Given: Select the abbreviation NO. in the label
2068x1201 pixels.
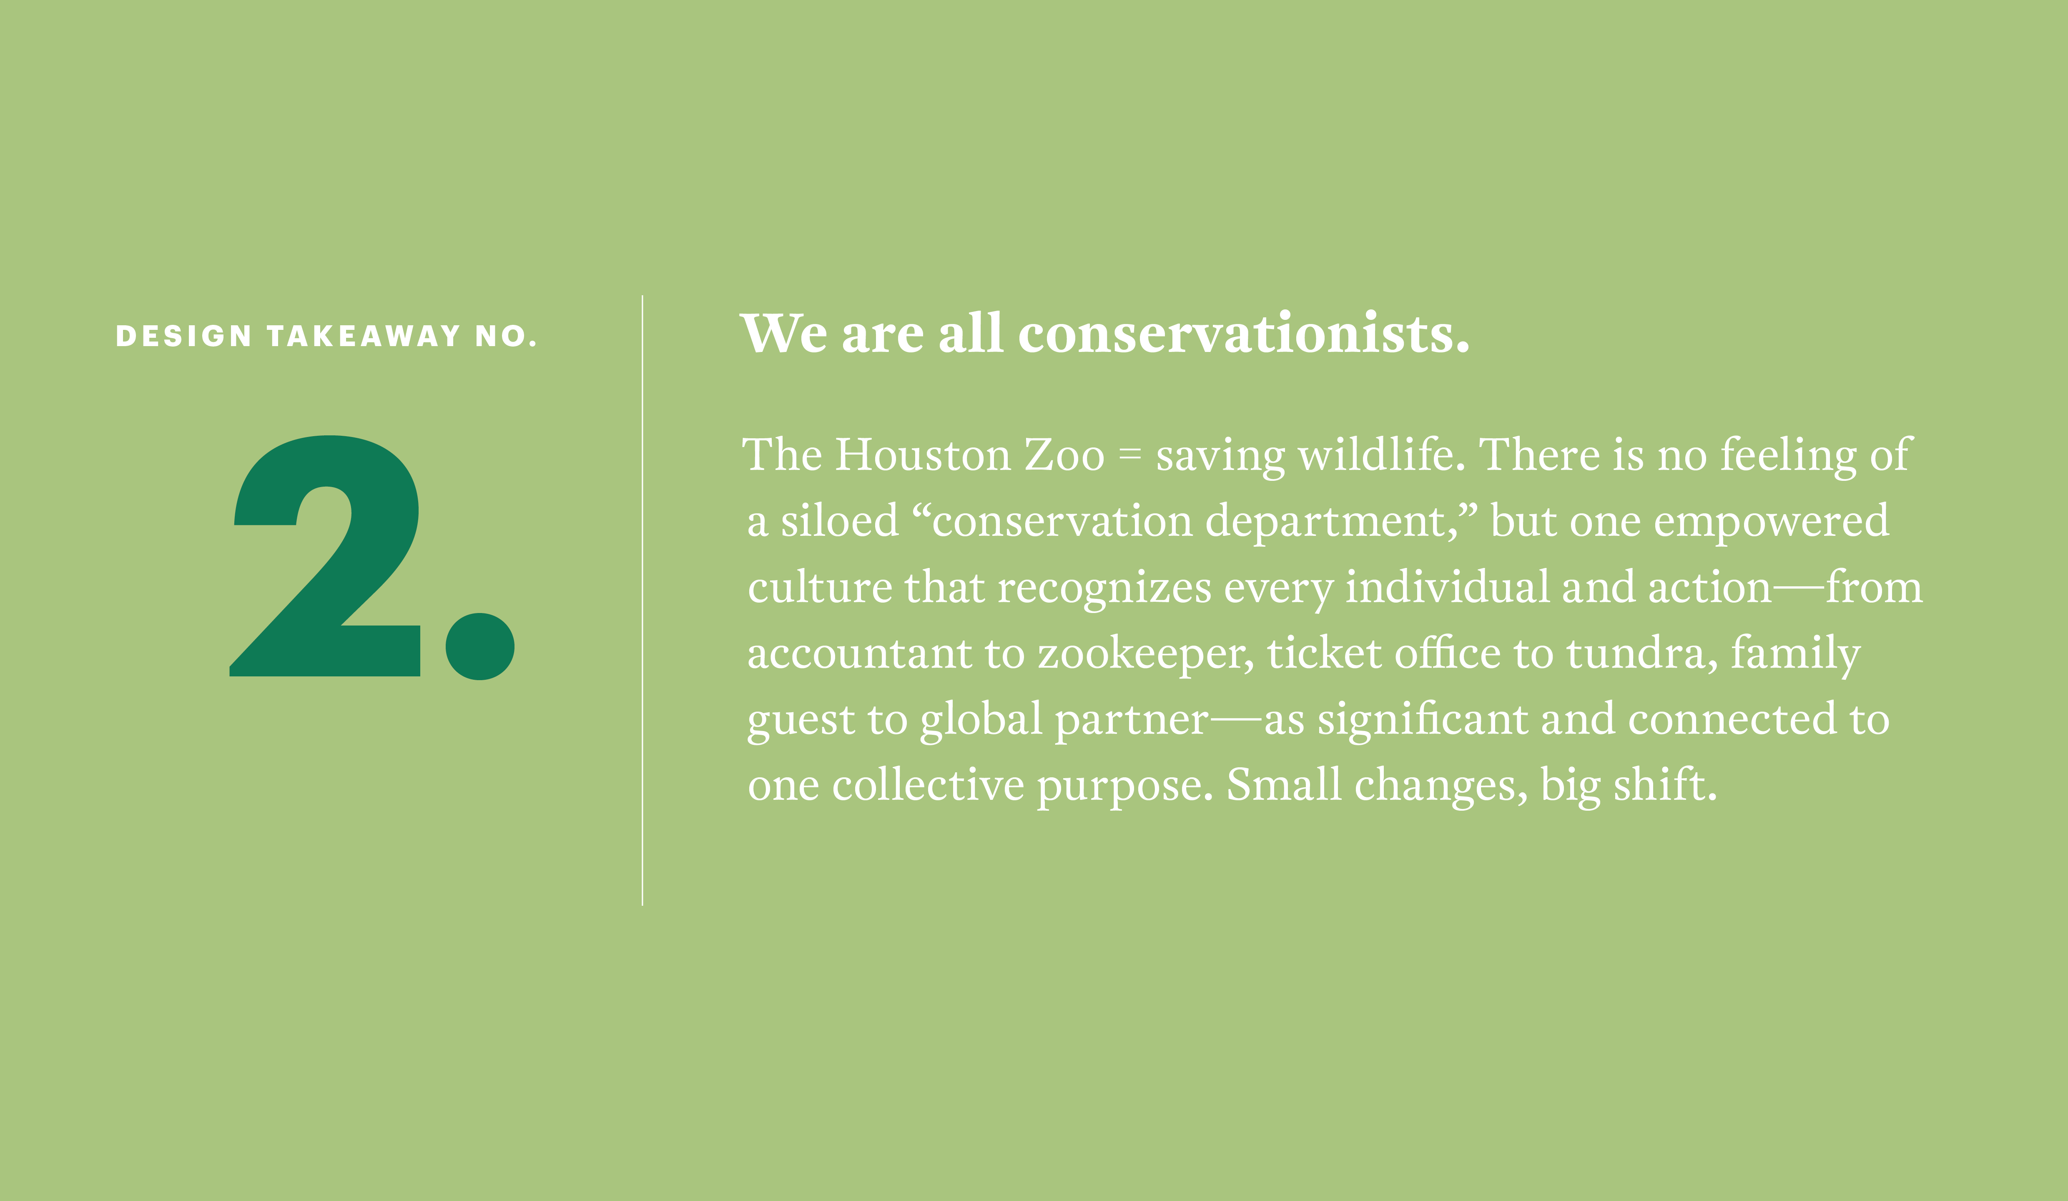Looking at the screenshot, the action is pos(505,336).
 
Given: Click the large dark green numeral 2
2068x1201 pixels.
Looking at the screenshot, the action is pos(325,556).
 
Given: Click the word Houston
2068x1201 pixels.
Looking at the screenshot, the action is pos(923,455).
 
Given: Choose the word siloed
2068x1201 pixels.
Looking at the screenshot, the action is pos(840,520).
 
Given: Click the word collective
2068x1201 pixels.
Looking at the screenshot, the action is pos(928,785).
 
